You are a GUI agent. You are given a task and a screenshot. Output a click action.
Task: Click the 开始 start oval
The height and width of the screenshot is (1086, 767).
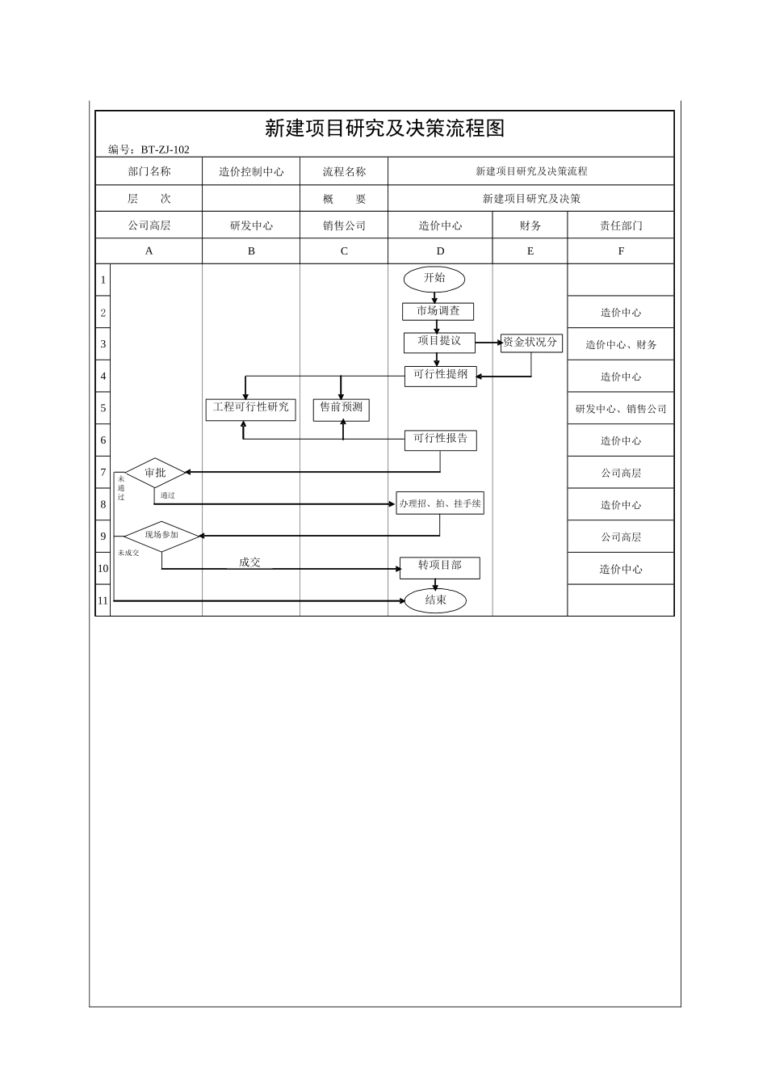click(434, 279)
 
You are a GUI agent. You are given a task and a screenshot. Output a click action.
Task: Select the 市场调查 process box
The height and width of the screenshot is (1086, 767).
click(438, 311)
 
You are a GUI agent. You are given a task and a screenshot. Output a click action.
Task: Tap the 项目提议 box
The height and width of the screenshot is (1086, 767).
click(439, 342)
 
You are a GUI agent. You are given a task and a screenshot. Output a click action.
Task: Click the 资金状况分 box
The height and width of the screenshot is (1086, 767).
click(530, 343)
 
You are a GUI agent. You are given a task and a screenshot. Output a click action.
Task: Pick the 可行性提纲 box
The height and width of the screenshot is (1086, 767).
click(440, 376)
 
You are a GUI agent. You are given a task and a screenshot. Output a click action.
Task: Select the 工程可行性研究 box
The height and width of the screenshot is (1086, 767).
click(251, 408)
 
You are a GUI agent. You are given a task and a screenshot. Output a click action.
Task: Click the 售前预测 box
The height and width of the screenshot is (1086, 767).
click(342, 408)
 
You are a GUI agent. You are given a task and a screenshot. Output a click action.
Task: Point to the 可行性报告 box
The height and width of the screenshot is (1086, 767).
click(440, 440)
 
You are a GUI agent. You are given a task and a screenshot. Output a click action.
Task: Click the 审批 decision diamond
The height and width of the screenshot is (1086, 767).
click(156, 473)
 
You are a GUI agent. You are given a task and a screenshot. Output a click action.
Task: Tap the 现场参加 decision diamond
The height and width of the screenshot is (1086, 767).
click(161, 536)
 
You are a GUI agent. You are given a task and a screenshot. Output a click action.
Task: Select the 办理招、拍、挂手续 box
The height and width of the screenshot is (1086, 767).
click(440, 503)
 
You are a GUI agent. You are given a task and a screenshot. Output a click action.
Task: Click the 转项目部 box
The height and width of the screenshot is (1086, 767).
click(440, 567)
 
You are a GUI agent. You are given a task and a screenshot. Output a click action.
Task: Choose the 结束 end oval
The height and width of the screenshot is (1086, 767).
click(435, 600)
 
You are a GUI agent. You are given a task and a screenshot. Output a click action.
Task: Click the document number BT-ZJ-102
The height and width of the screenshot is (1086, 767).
click(165, 149)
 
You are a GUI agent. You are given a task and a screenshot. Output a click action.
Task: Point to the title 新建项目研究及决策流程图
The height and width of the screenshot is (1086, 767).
click(384, 128)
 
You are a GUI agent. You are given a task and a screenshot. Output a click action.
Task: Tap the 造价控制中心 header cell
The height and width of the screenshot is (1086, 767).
click(251, 171)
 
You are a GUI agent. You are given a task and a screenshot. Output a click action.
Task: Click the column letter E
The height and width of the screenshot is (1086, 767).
click(530, 251)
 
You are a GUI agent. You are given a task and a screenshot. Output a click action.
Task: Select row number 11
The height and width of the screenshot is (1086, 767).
click(103, 600)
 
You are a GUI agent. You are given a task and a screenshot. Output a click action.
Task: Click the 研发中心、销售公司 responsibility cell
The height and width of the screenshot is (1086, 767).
click(621, 409)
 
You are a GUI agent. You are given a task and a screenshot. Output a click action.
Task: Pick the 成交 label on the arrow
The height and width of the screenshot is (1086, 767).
click(249, 562)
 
